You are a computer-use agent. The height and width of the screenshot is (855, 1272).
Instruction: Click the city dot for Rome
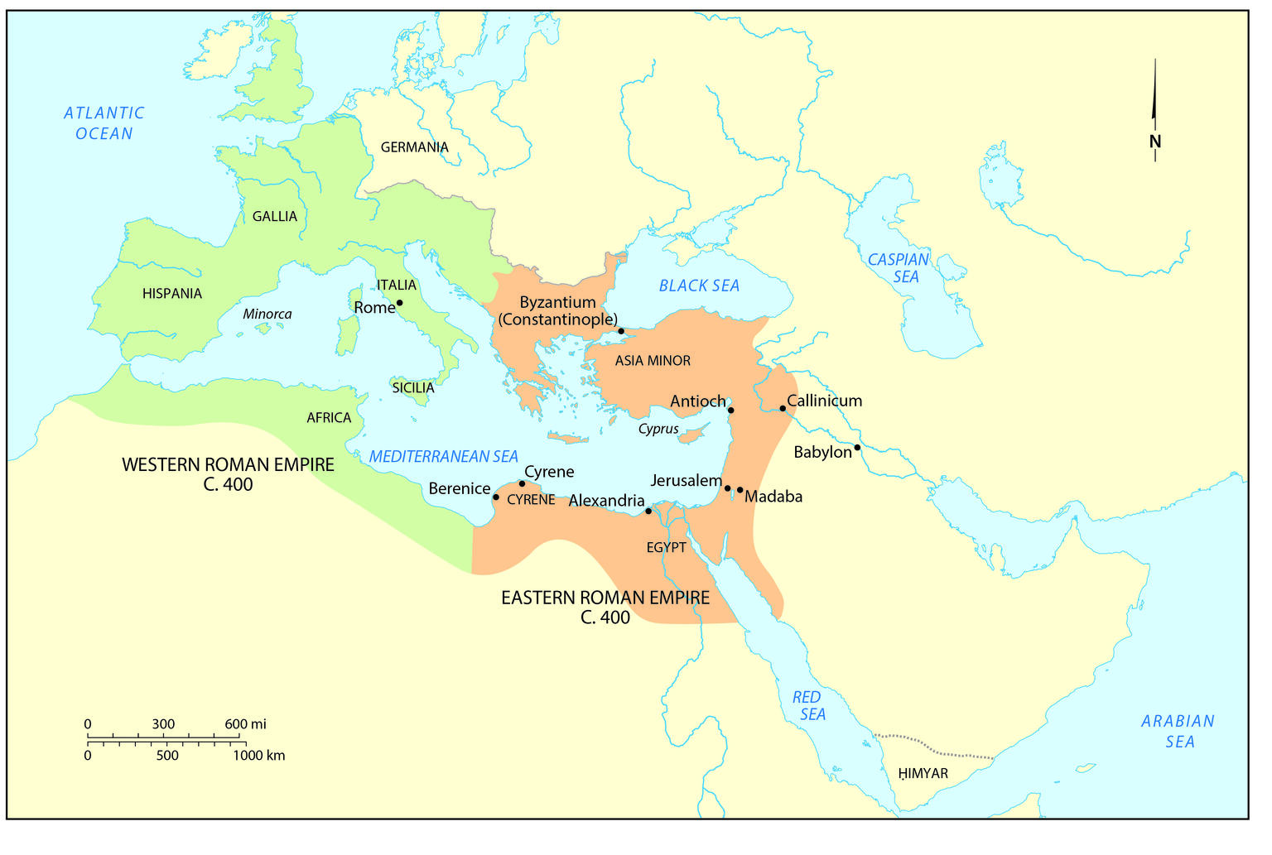click(399, 303)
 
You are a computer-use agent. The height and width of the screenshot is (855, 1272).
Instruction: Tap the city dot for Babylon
click(857, 448)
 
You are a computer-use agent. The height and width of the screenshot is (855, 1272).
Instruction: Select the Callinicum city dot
click(783, 408)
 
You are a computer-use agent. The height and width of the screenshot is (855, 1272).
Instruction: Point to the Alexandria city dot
click(648, 511)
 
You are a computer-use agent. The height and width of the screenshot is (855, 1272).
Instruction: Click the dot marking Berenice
click(495, 497)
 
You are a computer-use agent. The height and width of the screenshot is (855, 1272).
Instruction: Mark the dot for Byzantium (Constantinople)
click(621, 331)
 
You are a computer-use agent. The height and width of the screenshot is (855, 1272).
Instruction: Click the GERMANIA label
click(414, 147)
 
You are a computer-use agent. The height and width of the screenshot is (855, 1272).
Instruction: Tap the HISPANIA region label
click(171, 294)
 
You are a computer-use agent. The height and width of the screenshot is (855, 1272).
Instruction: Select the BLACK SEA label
click(699, 286)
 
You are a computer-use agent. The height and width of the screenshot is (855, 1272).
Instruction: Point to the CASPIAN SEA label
click(899, 268)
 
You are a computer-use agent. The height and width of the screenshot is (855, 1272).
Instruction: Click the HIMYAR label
click(923, 774)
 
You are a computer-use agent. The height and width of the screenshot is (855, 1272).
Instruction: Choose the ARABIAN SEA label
click(1178, 732)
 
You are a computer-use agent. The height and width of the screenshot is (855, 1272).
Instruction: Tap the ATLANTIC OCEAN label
click(104, 123)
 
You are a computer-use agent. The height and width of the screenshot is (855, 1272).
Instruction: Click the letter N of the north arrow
click(1155, 142)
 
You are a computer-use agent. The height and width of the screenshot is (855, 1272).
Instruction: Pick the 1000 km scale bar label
click(258, 755)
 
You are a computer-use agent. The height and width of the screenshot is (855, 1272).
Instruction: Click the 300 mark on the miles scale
click(163, 724)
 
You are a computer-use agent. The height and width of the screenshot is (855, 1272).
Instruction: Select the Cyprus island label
click(658, 430)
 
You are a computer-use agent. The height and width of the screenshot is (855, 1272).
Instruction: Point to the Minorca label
click(267, 315)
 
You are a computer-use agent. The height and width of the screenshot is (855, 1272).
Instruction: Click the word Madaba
click(773, 497)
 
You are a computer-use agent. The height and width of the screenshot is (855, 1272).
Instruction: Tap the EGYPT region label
click(666, 547)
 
